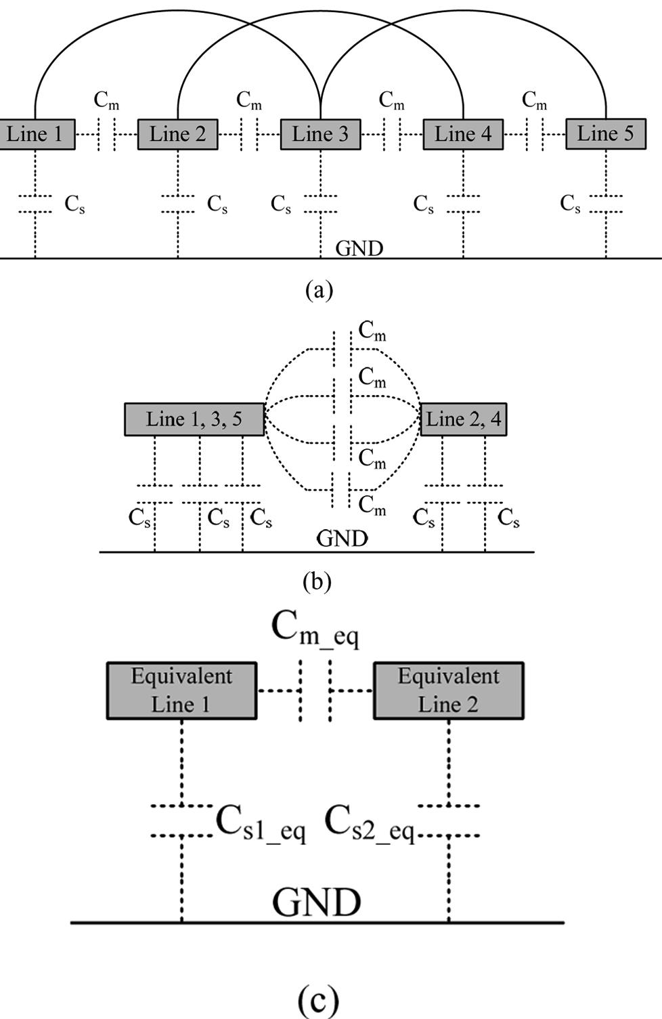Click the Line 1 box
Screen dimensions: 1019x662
[x=35, y=134]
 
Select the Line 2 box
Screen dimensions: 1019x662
[x=177, y=134]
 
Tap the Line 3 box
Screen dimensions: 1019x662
[x=320, y=134]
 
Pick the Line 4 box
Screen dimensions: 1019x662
[x=463, y=134]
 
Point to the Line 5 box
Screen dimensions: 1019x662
[x=605, y=133]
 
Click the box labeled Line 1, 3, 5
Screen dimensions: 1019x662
[x=194, y=419]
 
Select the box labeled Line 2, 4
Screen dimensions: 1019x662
[x=464, y=419]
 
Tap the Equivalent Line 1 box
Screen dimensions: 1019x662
[x=181, y=690]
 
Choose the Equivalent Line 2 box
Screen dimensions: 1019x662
[x=448, y=690]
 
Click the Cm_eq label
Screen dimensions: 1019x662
[x=315, y=628]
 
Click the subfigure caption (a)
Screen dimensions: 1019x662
[x=319, y=290]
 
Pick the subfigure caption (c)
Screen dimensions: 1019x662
[x=317, y=999]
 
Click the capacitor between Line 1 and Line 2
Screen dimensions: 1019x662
[x=106, y=134]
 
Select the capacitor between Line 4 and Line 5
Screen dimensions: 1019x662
[x=535, y=134]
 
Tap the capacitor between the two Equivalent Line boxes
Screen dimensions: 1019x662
[x=315, y=690]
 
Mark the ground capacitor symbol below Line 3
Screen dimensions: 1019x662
[x=320, y=203]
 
